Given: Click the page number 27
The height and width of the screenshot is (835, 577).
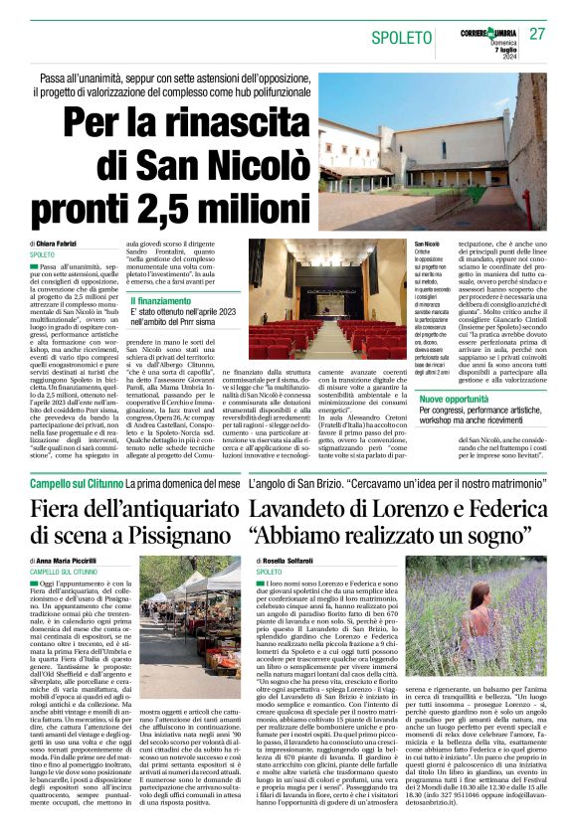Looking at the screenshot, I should coord(537,35).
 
